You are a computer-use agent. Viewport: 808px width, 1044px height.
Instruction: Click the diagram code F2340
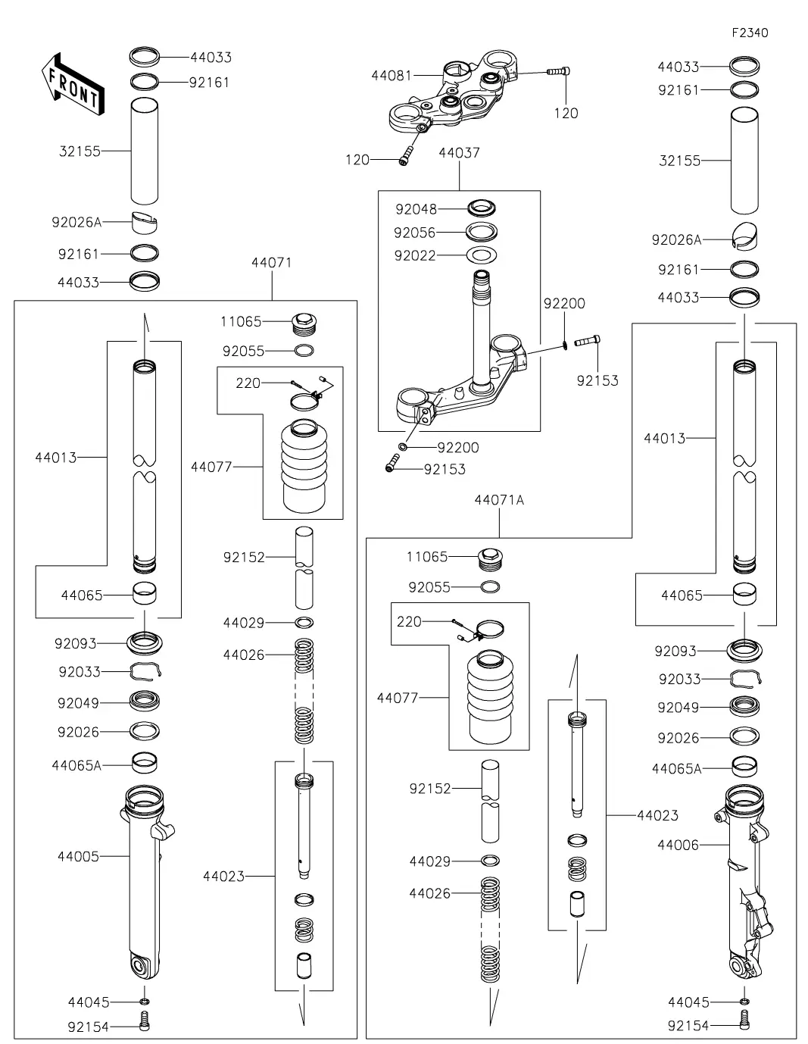tap(749, 33)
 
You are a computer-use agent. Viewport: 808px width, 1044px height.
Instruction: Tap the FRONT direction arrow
tap(71, 85)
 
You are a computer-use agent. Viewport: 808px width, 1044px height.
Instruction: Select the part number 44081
tap(391, 75)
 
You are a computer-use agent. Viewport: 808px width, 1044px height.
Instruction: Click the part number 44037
tap(459, 153)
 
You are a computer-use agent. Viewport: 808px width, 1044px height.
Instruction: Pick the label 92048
tap(416, 208)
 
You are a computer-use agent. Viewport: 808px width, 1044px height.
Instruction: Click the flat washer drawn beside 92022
tap(482, 255)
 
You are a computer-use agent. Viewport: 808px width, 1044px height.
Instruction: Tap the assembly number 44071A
tap(499, 500)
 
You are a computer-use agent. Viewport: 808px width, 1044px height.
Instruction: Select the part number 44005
tap(78, 856)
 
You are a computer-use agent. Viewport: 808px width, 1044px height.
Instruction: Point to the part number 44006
tap(679, 845)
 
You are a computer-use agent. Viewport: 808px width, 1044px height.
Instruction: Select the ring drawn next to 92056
tap(482, 231)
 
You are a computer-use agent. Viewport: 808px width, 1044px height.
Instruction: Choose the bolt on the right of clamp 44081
tap(559, 71)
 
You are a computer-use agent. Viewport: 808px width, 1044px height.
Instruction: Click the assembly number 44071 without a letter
tap(271, 263)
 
